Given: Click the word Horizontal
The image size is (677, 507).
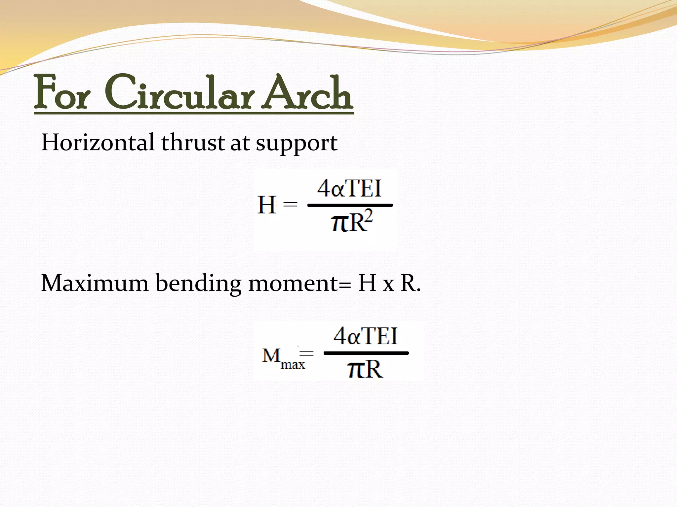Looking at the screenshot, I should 98,143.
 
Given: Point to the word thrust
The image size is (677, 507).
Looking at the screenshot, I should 193,143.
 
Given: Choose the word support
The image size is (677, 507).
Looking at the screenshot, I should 297,144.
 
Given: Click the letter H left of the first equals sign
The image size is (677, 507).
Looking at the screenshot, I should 266,205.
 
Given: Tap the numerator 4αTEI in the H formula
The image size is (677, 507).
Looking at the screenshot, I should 349,188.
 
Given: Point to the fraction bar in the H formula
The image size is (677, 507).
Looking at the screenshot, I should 350,205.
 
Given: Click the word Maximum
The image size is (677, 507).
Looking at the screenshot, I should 95,283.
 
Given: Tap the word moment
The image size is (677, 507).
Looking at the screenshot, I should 293,283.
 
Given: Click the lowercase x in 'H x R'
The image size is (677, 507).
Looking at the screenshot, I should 388,285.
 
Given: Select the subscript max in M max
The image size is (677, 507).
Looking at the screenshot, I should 293,364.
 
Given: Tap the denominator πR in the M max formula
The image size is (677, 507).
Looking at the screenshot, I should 365,369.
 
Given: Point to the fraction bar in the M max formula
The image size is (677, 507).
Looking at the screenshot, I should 366,353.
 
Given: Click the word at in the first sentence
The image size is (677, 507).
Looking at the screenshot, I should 239,143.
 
